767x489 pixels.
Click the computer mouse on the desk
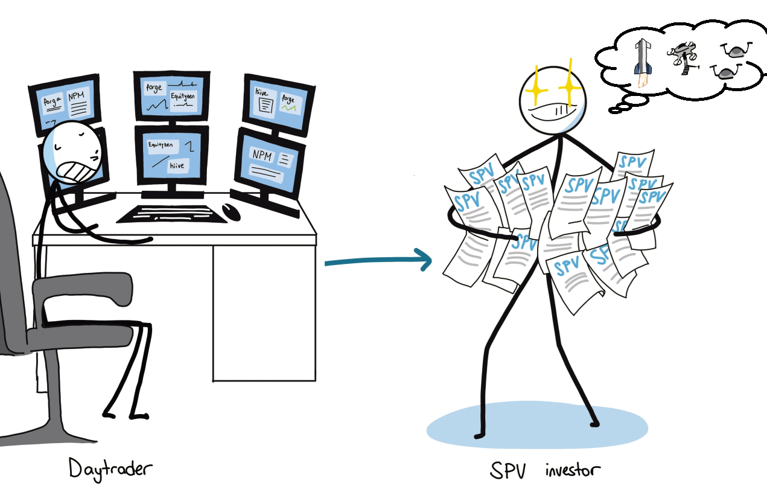(x=231, y=211)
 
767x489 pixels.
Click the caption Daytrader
(x=110, y=468)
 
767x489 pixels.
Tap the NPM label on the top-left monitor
(x=77, y=97)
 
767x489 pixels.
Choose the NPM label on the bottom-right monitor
(x=263, y=156)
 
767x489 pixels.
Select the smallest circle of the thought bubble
(x=615, y=110)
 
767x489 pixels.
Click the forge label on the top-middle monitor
(x=155, y=88)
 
